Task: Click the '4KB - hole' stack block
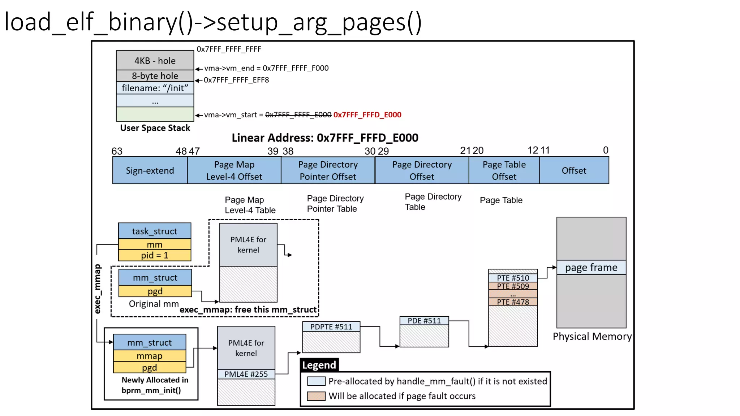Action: tap(155, 60)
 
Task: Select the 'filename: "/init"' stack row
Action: tap(155, 88)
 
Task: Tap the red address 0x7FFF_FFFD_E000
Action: tap(367, 115)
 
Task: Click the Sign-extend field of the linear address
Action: tap(150, 170)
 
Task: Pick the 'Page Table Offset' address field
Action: tap(504, 170)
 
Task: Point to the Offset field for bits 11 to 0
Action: tap(574, 170)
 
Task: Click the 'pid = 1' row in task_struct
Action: tap(155, 255)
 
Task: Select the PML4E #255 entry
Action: tap(246, 374)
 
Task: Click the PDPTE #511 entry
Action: tap(331, 327)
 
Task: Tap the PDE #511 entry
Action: tap(424, 321)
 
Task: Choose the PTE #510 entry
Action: tap(513, 278)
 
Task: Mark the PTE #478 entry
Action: tap(513, 302)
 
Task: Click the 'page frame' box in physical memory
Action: tap(591, 268)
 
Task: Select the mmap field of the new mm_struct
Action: tap(150, 356)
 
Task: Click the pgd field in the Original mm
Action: tap(155, 291)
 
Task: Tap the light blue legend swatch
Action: tap(316, 381)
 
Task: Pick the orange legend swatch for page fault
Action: tap(316, 396)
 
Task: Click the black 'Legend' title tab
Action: tap(319, 365)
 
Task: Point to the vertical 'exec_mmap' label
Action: tap(98, 289)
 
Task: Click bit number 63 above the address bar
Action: tap(117, 151)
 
